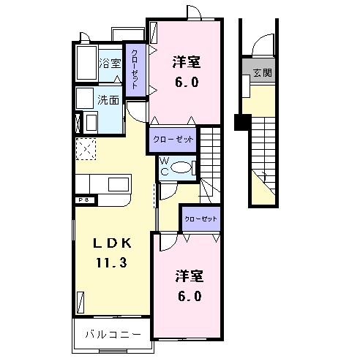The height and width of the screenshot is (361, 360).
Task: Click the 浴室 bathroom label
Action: click(111, 64)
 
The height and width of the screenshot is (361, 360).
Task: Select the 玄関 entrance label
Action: click(262, 73)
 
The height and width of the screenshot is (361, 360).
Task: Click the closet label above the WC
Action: click(173, 138)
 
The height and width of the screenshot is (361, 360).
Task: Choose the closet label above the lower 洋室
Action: click(200, 218)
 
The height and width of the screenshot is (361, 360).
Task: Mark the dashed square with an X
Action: click(86, 148)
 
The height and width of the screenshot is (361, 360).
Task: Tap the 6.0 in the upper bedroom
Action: click(186, 83)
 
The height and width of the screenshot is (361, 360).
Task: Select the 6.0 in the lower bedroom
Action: click(187, 296)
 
